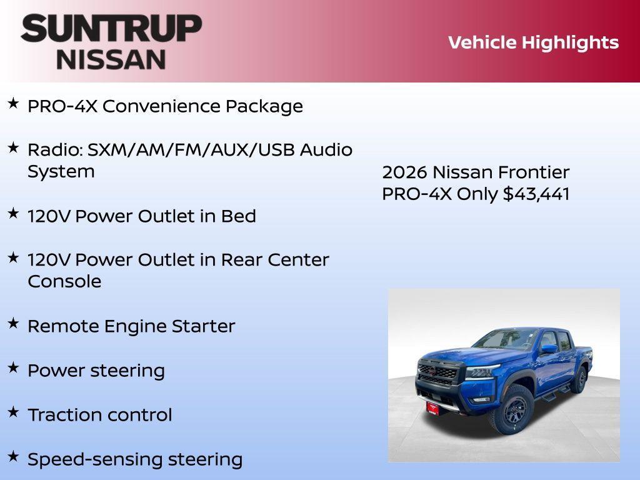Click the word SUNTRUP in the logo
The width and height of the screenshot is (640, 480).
tap(111, 28)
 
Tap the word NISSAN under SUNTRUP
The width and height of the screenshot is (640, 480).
tap(111, 59)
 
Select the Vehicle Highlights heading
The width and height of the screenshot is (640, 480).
tap(533, 42)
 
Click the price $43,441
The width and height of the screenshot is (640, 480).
tap(536, 194)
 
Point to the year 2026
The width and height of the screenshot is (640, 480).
tap(404, 172)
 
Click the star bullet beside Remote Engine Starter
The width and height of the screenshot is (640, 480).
tap(13, 323)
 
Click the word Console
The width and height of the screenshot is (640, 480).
tap(64, 281)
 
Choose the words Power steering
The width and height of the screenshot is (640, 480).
tap(96, 371)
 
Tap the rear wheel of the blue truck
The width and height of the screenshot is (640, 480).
tap(579, 379)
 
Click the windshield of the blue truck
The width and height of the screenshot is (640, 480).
tap(504, 339)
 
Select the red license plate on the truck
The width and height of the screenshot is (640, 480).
tap(432, 406)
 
